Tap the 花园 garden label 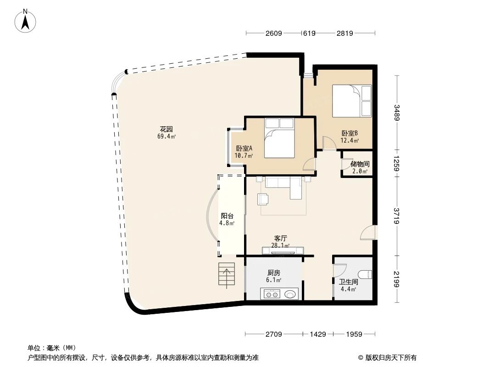tap(167, 129)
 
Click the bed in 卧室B tap(351, 101)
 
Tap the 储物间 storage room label tap(360, 164)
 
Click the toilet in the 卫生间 tap(366, 275)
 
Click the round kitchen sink tap(290, 294)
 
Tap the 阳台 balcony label tap(227, 216)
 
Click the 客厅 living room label tap(280, 238)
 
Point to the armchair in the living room tap(263, 199)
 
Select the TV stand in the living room tap(283, 250)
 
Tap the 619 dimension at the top tap(309, 33)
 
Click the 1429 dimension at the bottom tap(318, 334)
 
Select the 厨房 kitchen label tap(274, 272)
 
